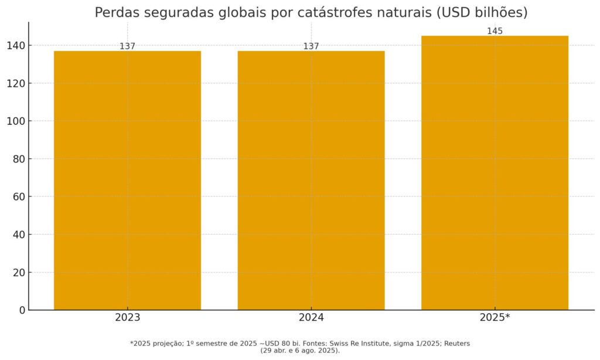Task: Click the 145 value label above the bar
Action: tap(495, 31)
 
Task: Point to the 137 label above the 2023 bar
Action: tap(127, 46)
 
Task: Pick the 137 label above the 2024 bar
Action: tap(311, 46)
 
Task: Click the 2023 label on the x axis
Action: tap(127, 318)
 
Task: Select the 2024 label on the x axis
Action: tap(311, 318)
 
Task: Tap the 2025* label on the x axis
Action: tap(495, 318)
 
